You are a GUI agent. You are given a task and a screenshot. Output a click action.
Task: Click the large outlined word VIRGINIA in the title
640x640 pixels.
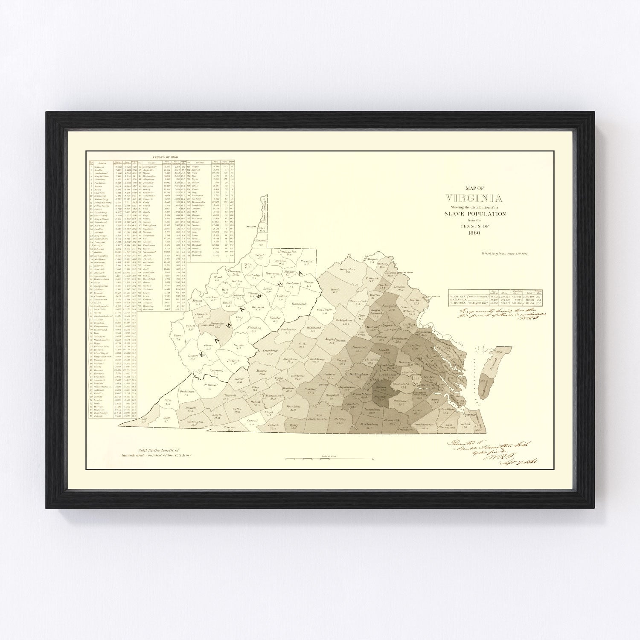pos(474,198)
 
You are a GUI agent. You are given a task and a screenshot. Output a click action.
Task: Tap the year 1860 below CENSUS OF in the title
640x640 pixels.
pos(474,233)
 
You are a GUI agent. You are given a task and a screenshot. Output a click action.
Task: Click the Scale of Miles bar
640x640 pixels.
pos(329,459)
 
